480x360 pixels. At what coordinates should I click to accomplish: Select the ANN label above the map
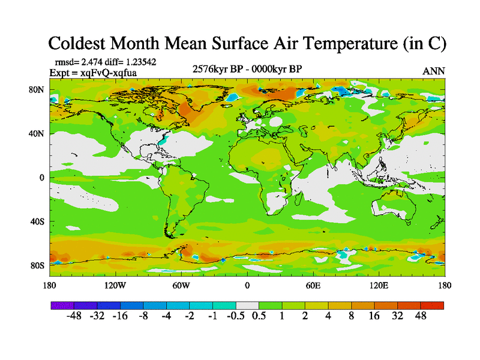(x=434, y=71)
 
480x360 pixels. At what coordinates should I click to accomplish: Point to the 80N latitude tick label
(x=38, y=89)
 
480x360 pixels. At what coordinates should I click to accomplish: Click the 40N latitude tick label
(x=38, y=133)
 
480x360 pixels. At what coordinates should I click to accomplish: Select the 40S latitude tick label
(x=38, y=221)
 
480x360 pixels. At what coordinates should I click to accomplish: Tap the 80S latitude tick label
(x=38, y=265)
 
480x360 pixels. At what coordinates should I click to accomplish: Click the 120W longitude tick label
(x=115, y=285)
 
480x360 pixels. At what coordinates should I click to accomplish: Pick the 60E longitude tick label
(x=313, y=285)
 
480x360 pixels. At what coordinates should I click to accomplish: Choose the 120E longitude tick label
(x=379, y=285)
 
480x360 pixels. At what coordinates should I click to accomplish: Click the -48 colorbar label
(x=73, y=316)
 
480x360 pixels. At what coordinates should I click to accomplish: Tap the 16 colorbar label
(x=374, y=316)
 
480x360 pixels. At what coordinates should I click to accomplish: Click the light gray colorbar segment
(x=247, y=305)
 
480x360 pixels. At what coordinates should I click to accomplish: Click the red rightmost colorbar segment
(x=432, y=305)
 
